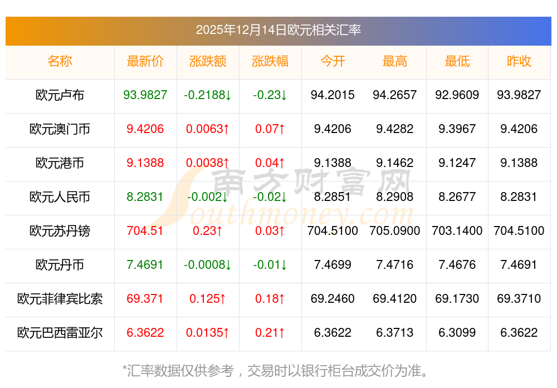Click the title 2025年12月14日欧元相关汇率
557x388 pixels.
click(278, 30)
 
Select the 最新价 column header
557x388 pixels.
click(145, 61)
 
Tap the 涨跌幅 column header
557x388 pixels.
click(270, 61)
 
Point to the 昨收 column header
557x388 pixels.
click(519, 61)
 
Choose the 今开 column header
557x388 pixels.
click(333, 61)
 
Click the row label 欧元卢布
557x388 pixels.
click(60, 95)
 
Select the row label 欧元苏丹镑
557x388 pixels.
click(60, 231)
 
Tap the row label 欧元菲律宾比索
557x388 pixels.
click(60, 299)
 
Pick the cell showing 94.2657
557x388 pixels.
click(395, 95)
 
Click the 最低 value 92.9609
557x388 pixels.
click(457, 95)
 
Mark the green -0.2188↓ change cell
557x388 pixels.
click(208, 95)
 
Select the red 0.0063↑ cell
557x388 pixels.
click(208, 129)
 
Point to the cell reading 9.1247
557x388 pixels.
click(457, 163)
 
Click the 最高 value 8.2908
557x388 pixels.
click(395, 197)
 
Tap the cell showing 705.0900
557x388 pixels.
click(395, 231)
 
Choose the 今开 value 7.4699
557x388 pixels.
click(333, 265)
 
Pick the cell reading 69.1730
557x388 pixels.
click(457, 299)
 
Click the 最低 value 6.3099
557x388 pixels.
click(457, 333)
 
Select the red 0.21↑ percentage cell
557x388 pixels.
click(270, 333)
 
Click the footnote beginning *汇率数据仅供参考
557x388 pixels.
click(278, 370)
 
